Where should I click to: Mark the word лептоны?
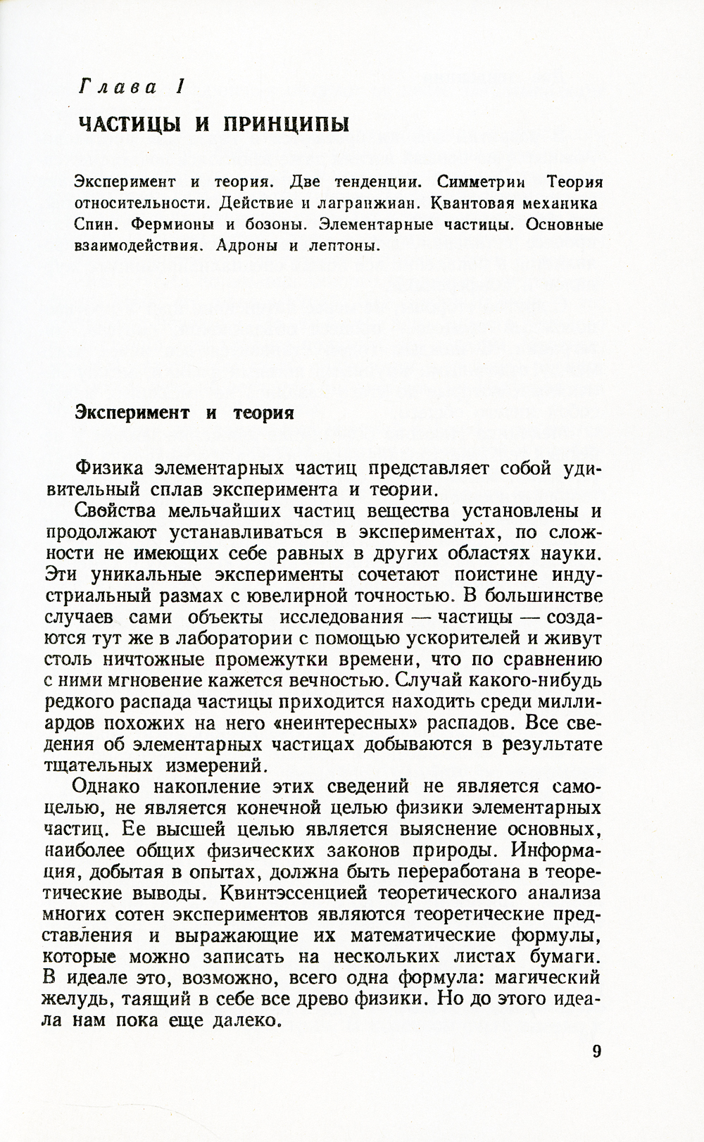[x=345, y=246]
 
